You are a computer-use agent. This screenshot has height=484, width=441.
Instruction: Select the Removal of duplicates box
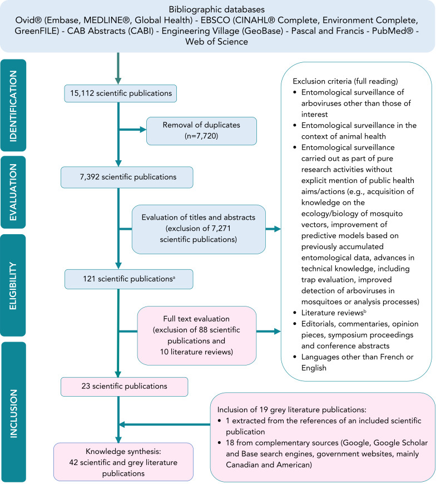point(201,131)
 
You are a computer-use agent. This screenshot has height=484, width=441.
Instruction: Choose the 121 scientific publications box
point(128,279)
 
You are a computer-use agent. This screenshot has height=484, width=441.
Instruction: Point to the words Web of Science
point(220,42)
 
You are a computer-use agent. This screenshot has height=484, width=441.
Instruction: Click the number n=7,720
point(201,136)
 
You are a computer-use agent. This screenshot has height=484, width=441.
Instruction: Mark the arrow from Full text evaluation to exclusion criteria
point(266,332)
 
